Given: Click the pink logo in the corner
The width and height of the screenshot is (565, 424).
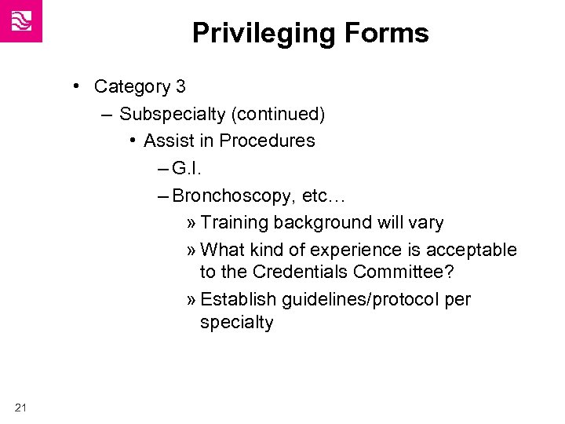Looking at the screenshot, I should click(21, 21).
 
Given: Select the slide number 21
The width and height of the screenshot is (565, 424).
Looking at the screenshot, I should click(20, 406).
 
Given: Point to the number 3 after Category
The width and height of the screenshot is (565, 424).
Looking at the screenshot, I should click(180, 86).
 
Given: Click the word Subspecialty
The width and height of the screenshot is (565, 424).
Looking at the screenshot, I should click(172, 115).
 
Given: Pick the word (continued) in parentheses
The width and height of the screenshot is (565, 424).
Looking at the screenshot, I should click(278, 115).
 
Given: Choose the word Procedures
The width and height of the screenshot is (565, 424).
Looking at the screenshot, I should click(268, 141).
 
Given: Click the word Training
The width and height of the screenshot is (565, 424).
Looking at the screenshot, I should click(233, 223).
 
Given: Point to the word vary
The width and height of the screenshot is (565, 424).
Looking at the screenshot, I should click(425, 223).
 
